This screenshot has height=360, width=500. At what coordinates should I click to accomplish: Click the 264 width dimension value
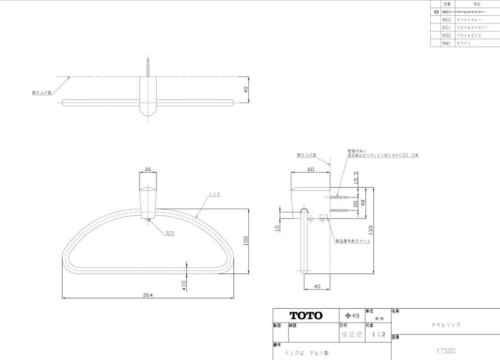147,295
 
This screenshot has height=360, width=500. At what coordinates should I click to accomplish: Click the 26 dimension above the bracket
148,169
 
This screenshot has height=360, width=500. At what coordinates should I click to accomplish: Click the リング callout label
214,194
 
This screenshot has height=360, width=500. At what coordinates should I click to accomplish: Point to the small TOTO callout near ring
169,233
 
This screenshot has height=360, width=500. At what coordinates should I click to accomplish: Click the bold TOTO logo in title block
306,315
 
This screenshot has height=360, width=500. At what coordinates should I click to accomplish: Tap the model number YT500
446,351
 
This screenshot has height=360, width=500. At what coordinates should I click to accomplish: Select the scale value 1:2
379,335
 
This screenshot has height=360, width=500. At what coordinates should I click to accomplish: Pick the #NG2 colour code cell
447,20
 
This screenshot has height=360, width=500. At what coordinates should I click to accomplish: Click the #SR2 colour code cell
447,35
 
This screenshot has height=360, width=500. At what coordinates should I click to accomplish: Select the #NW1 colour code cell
447,43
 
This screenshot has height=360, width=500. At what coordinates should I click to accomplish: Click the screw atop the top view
148,67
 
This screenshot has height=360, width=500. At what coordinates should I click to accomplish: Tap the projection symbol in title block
352,315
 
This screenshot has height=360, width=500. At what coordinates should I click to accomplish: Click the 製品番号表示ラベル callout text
353,241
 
